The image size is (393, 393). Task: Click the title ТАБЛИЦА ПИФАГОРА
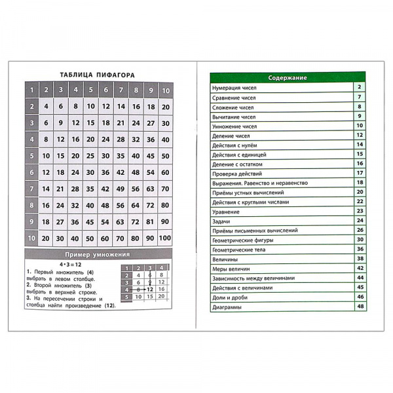(98, 74)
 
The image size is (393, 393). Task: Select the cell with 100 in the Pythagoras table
(166, 238)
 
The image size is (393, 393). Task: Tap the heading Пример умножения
(98, 254)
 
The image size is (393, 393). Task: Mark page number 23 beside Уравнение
(360, 211)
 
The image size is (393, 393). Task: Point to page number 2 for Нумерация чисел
(360, 87)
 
